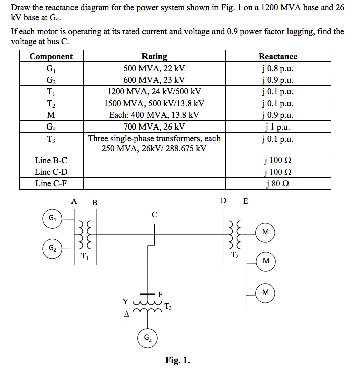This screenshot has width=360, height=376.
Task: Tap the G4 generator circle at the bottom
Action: point(147,337)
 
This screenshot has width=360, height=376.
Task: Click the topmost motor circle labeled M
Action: point(265,231)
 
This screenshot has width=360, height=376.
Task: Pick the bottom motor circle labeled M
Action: point(265,293)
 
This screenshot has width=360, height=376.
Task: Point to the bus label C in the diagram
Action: point(154,215)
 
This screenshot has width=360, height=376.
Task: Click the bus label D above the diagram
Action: point(224,201)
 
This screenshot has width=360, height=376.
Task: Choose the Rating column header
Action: point(154,56)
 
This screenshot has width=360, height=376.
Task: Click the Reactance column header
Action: point(277,56)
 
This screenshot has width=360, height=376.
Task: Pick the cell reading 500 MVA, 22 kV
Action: point(154,68)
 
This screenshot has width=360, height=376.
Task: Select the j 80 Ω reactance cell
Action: point(277,183)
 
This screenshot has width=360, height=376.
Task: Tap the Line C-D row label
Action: point(51,172)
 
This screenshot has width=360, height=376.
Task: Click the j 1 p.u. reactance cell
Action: point(277,126)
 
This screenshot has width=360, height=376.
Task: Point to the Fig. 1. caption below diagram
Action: point(178,360)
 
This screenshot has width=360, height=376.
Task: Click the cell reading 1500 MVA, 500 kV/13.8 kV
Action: point(154,103)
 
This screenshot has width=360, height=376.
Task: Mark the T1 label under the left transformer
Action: point(85,255)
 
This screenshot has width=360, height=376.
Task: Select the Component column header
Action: point(51,56)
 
